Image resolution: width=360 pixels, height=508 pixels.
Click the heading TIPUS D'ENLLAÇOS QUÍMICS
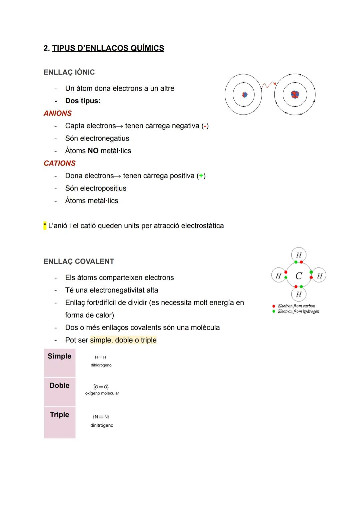(x=108, y=48)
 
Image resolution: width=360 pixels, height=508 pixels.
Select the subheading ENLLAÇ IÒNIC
(x=69, y=72)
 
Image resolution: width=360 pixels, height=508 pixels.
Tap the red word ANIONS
(x=58, y=113)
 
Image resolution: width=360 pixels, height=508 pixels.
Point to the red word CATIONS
(x=60, y=163)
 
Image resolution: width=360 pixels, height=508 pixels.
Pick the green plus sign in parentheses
(x=201, y=176)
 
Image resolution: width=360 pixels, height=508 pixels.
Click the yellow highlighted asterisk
(x=45, y=226)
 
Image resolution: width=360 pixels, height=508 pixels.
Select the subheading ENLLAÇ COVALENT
(x=79, y=261)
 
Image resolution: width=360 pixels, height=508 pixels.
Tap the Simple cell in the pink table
(x=60, y=356)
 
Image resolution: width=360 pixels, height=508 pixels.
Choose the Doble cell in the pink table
(x=60, y=386)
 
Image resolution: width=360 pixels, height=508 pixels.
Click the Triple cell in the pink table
(x=60, y=415)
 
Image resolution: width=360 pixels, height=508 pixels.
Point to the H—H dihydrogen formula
(x=100, y=357)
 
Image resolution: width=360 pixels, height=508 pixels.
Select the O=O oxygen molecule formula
(x=101, y=387)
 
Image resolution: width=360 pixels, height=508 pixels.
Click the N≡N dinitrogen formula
(x=101, y=417)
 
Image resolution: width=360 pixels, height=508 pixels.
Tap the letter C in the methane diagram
(x=299, y=276)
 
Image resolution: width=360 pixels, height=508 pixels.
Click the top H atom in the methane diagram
(x=299, y=255)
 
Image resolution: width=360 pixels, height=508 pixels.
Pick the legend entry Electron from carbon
(x=296, y=306)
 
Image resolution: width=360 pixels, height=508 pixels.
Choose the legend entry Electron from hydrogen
(x=298, y=311)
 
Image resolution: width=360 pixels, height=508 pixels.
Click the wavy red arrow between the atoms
(x=268, y=85)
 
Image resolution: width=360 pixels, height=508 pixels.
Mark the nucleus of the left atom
(x=245, y=95)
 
